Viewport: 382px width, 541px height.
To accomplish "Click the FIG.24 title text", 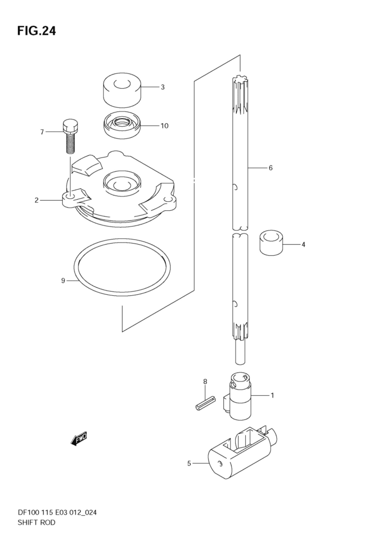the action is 36,31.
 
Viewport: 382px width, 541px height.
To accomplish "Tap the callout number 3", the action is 163,87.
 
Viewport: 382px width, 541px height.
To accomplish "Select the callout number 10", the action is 165,126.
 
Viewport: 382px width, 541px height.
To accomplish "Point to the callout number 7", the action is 42,132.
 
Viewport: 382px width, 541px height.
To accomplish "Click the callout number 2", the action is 36,200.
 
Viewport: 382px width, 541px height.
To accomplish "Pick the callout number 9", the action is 63,281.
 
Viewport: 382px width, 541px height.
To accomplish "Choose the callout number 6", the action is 271,168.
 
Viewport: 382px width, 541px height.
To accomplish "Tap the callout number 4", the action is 303,245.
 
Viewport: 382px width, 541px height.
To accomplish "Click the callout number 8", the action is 205,381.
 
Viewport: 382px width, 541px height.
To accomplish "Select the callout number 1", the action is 272,395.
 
